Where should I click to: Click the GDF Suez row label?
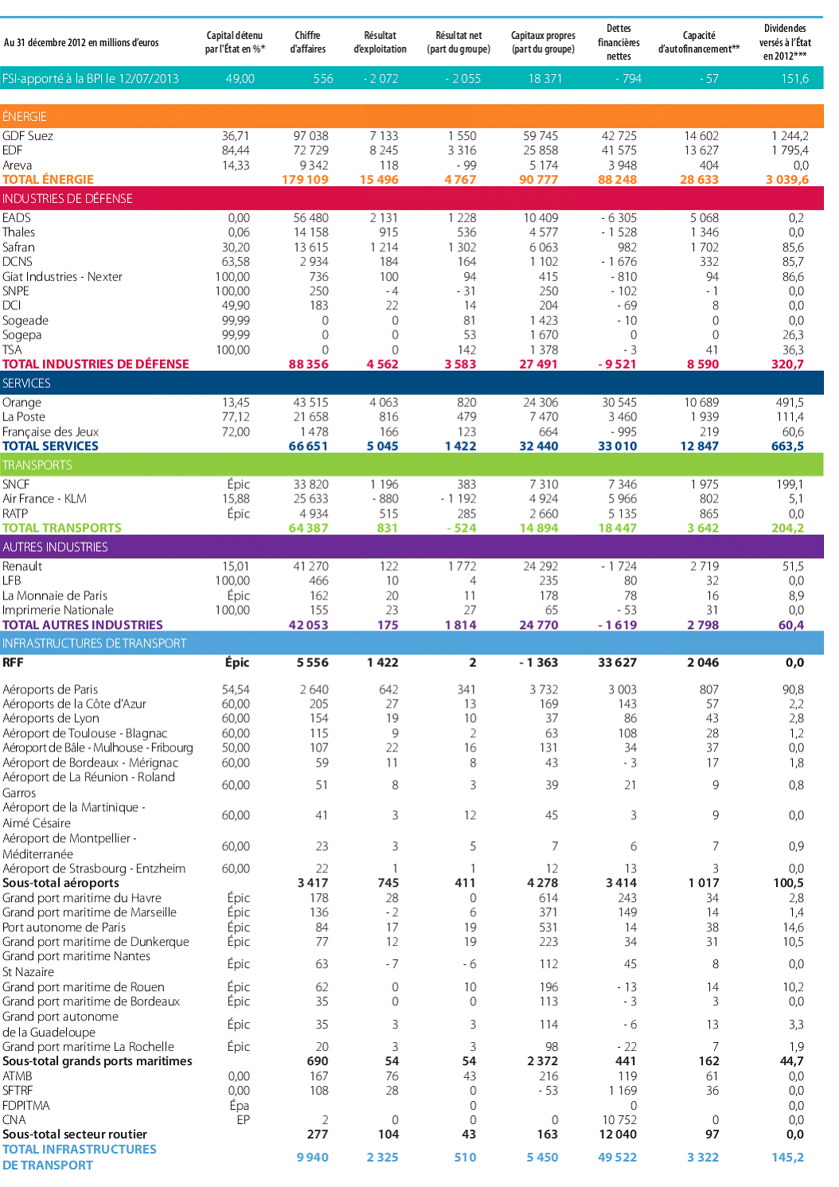[x=28, y=136]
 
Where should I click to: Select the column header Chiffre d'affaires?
[x=307, y=42]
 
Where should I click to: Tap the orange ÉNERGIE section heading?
[x=25, y=116]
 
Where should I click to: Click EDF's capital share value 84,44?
[x=236, y=150]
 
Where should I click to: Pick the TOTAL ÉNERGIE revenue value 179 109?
[x=305, y=180]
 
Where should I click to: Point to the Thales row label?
[x=19, y=232]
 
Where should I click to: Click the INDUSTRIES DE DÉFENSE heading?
[x=68, y=198]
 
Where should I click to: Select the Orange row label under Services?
[x=21, y=403]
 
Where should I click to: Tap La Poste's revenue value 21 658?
[x=311, y=417]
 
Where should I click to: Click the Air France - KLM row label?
[x=45, y=499]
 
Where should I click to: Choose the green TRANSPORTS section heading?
[x=37, y=465]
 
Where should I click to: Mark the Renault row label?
[x=22, y=567]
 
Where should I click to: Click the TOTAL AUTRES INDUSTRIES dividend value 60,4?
[x=790, y=626]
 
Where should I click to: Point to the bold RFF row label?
[x=13, y=662]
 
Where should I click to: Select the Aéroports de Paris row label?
[x=50, y=689]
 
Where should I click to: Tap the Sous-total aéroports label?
[x=60, y=883]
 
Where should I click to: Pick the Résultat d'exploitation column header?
[x=380, y=42]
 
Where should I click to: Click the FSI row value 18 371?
[x=545, y=79]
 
